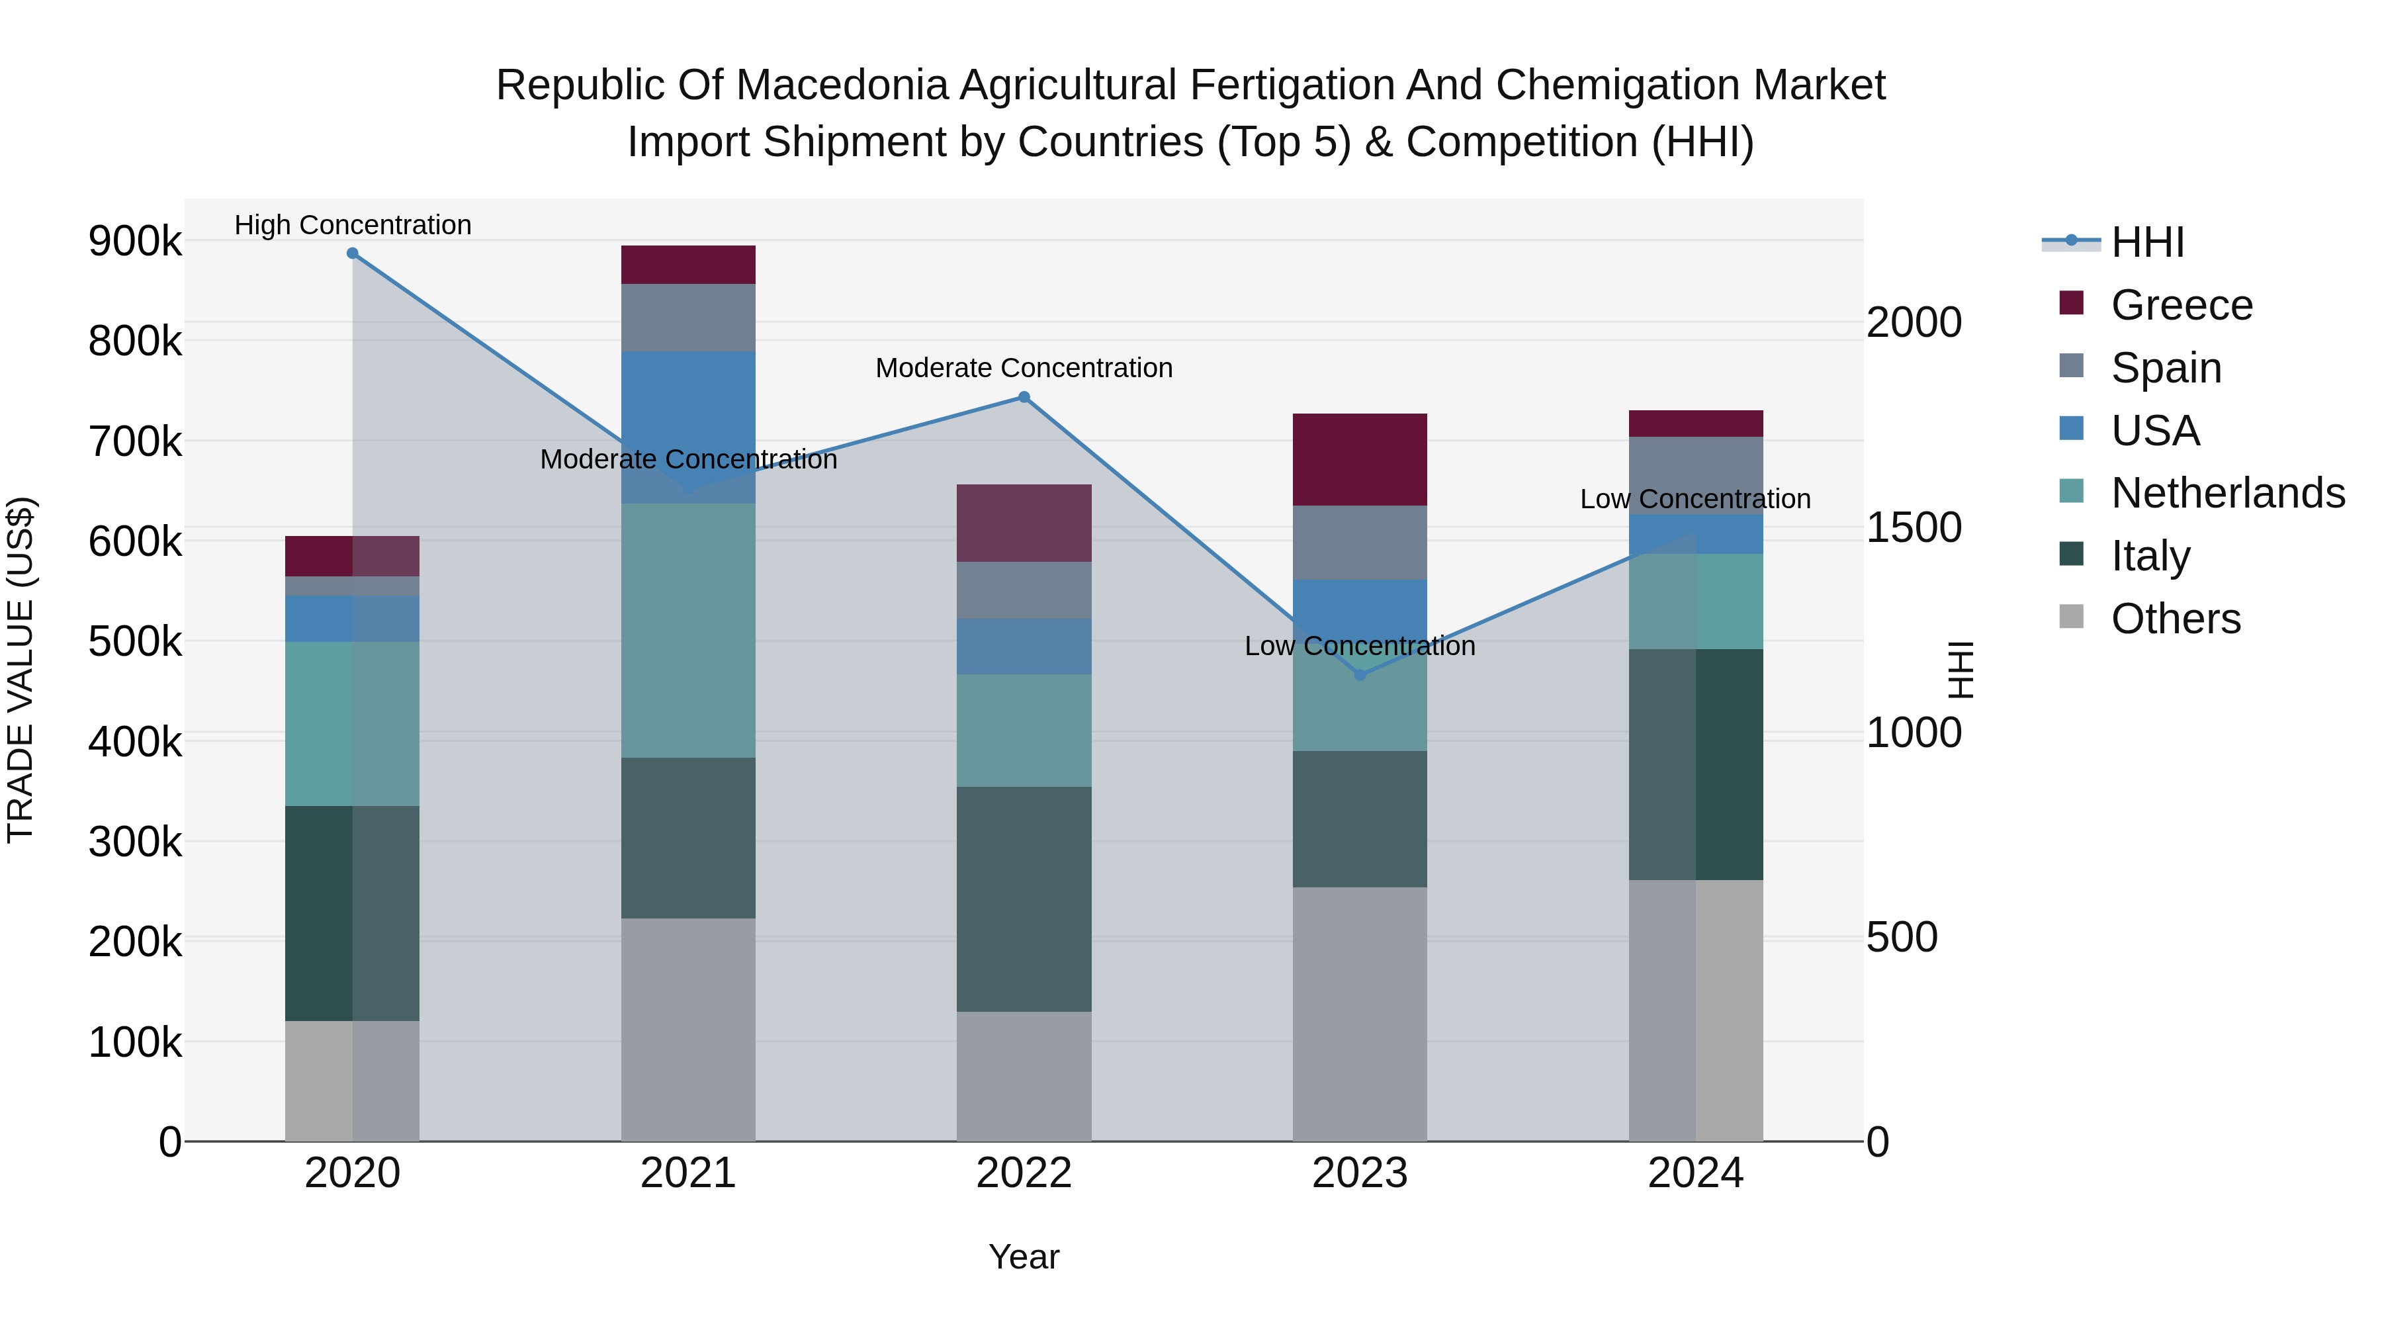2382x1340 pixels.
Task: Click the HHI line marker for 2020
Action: (352, 253)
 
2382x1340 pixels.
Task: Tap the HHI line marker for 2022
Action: (1024, 398)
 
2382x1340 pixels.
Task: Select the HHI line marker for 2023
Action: (1359, 675)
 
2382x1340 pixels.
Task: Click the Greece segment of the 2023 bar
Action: (1359, 460)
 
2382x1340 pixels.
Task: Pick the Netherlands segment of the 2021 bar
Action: (688, 631)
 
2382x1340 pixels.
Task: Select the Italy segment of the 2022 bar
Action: (1024, 899)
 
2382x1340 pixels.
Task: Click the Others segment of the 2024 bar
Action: (1696, 1010)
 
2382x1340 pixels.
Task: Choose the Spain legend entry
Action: (2166, 368)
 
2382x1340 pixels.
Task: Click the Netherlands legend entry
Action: (2227, 494)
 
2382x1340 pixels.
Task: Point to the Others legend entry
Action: (2175, 619)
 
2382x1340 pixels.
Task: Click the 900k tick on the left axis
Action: (135, 242)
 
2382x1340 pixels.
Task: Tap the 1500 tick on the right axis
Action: (1913, 528)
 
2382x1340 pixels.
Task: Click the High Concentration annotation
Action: (352, 226)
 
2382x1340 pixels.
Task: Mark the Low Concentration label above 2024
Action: (1695, 500)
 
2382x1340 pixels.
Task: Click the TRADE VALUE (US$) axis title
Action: (21, 670)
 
